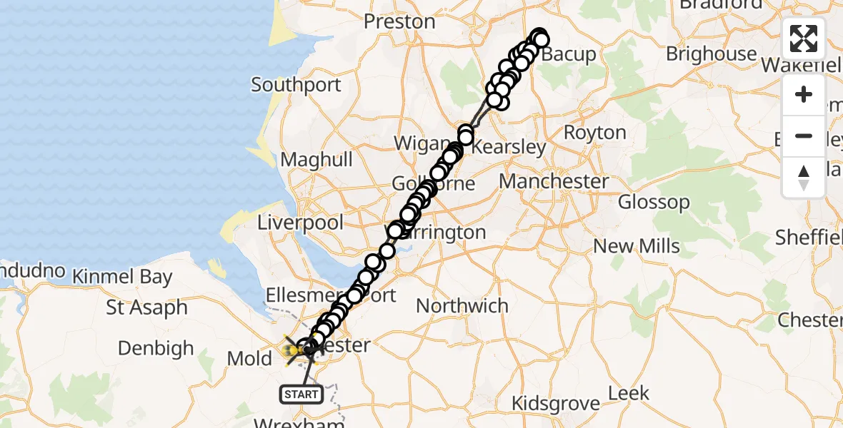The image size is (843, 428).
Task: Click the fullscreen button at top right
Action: (804, 39)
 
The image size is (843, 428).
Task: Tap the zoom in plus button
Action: (804, 95)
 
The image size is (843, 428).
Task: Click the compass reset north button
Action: (804, 178)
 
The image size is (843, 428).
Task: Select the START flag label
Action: (301, 394)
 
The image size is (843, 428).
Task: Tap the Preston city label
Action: (399, 21)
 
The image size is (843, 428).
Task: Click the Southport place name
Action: (296, 86)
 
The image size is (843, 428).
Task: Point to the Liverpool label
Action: (301, 223)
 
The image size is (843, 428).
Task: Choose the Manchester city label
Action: (554, 181)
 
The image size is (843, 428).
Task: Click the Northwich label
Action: (462, 306)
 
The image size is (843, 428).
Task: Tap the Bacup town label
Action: (569, 54)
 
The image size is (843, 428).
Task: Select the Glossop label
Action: (654, 202)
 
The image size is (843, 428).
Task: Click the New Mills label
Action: (637, 246)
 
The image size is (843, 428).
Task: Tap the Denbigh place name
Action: (156, 348)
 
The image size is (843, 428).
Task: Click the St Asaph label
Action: (146, 308)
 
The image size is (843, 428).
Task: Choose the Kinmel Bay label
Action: (122, 277)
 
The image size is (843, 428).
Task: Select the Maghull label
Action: (316, 158)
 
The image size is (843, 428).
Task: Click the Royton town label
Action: (594, 133)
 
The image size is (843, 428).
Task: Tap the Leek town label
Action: (629, 392)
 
